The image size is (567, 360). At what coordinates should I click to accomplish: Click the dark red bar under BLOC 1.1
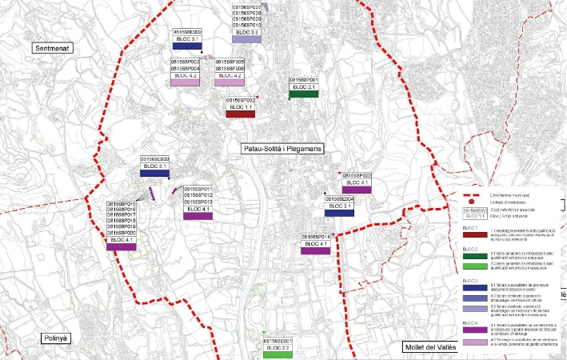tap(240, 114)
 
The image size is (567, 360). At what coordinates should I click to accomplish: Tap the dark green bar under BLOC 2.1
tap(304, 94)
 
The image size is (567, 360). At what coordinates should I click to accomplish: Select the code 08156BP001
tap(304, 81)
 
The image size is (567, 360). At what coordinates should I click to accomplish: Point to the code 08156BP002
tap(240, 100)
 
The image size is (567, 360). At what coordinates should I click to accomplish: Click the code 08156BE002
tap(186, 32)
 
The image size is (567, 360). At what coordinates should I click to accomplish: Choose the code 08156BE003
tap(154, 158)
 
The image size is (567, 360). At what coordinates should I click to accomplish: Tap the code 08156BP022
tap(357, 175)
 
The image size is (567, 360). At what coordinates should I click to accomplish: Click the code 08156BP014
tap(316, 237)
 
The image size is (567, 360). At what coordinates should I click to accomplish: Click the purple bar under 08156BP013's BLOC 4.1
tap(198, 216)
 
